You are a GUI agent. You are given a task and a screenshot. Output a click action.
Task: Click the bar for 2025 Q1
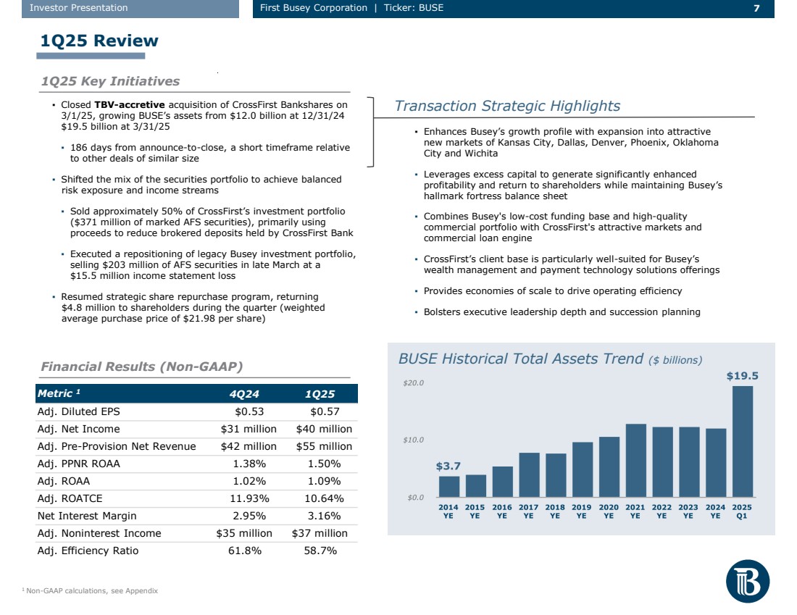pyautogui.click(x=742, y=441)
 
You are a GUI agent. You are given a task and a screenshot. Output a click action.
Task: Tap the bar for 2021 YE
pyautogui.click(x=635, y=460)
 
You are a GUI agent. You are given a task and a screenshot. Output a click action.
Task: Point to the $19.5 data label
pyautogui.click(x=743, y=376)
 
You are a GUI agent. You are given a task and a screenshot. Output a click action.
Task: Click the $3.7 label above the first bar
pyautogui.click(x=448, y=467)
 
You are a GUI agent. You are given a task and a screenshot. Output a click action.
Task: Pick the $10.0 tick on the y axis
pyautogui.click(x=414, y=440)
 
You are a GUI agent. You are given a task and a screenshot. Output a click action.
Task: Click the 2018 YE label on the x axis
pyautogui.click(x=555, y=511)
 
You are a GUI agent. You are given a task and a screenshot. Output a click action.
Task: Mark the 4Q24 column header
pyautogui.click(x=245, y=393)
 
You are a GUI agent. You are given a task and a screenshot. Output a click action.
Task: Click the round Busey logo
pyautogui.click(x=748, y=582)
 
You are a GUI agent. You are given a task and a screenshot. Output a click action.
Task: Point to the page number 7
pyautogui.click(x=756, y=8)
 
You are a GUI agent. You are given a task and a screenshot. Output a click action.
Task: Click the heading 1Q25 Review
pyautogui.click(x=99, y=41)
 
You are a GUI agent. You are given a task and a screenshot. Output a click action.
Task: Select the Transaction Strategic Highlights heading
pyautogui.click(x=507, y=106)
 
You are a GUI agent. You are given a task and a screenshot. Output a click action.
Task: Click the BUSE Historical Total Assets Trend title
pyautogui.click(x=520, y=359)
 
